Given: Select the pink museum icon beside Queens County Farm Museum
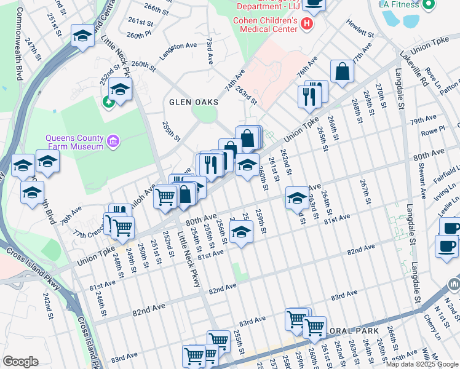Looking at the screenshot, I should [x=113, y=142].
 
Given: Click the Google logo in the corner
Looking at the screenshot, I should [x=20, y=362].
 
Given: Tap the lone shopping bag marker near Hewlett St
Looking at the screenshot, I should [x=342, y=71].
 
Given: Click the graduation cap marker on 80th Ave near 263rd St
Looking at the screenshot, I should [x=297, y=198].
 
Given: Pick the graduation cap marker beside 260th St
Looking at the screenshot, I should [x=247, y=165].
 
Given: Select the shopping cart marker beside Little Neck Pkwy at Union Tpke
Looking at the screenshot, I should [x=165, y=197].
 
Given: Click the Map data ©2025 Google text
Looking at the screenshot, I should [x=422, y=364].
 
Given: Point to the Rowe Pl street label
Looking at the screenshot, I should [x=433, y=130].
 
